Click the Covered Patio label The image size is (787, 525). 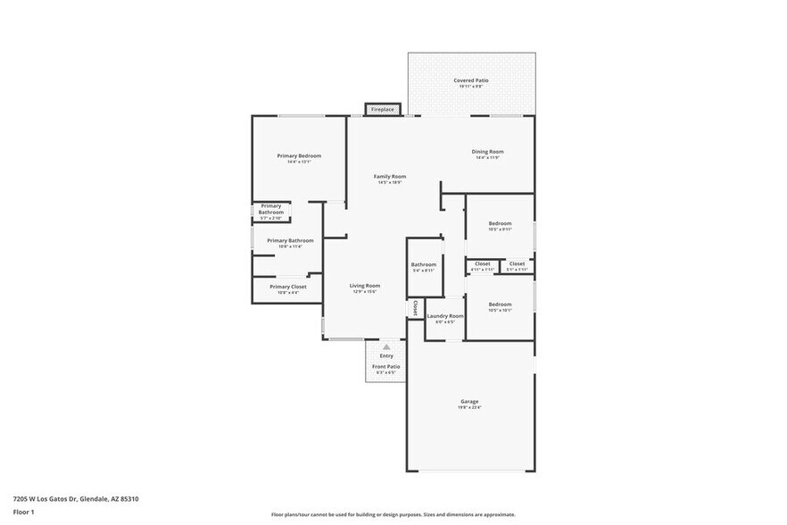[471, 80]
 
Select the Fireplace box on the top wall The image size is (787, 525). [382, 109]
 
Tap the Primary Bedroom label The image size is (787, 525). [298, 155]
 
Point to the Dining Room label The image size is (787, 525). [487, 151]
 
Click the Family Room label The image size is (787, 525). [390, 176]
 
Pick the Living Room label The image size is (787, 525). [364, 286]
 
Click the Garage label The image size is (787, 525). [469, 401]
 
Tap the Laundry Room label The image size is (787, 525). [444, 315]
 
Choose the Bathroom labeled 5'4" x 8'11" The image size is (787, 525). [424, 264]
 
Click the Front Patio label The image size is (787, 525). [386, 366]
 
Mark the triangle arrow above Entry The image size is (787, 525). [386, 346]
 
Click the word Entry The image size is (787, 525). [386, 356]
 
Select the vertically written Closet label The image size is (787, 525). [415, 307]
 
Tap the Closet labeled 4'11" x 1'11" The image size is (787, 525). [482, 263]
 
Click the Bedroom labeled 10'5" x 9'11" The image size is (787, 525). [500, 223]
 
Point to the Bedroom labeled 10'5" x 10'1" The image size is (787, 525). [500, 304]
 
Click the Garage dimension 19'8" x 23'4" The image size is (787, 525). [469, 407]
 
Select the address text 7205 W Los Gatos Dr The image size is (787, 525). [45, 499]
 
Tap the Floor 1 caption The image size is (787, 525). [23, 512]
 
